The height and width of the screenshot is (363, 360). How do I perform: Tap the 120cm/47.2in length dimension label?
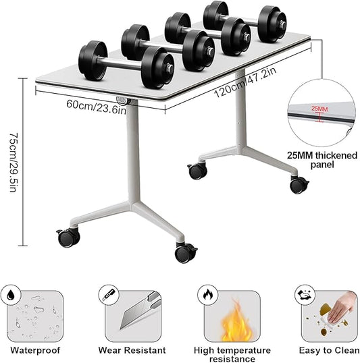pos(245,82)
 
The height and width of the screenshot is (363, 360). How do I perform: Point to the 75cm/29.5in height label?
pos(14,163)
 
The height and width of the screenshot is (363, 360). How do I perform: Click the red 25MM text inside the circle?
pos(319,109)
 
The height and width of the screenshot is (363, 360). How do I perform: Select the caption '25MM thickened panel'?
pos(322,160)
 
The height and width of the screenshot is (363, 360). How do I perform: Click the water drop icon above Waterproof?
pos(10,295)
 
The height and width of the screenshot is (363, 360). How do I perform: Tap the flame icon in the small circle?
pos(208,295)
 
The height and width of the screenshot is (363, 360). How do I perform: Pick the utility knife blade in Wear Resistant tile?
pos(140,311)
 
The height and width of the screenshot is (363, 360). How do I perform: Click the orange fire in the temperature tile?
pos(236,323)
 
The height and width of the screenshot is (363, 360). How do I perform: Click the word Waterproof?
pos(35,350)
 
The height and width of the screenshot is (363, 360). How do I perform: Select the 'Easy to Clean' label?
pos(329,350)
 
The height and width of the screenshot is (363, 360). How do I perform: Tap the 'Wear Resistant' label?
pos(132,350)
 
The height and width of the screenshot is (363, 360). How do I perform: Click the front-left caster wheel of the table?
pos(69,238)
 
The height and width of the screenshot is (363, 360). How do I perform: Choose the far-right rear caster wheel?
pos(299,184)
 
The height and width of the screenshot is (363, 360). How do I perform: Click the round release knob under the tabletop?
pos(122,101)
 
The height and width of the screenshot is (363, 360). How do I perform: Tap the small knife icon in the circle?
pos(109,295)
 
